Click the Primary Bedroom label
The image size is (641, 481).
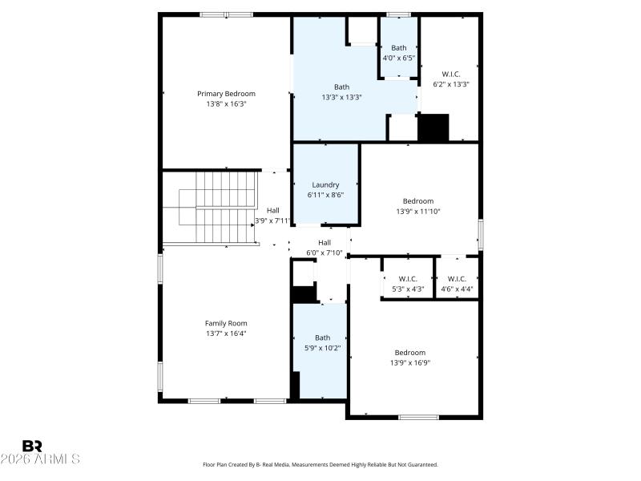227,94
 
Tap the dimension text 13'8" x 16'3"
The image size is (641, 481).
227,103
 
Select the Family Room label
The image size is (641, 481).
226,323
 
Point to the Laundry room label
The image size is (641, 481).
325,184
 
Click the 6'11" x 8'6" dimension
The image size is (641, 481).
325,194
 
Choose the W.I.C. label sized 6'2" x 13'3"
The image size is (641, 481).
451,74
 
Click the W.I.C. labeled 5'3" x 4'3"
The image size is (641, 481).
407,279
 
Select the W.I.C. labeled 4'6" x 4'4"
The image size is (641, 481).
457,279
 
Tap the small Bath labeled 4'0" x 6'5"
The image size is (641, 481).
398,48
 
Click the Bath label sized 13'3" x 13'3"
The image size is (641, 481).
341,87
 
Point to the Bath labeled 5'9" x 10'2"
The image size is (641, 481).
322,338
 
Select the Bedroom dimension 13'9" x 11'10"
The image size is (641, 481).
418,212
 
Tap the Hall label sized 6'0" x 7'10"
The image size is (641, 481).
325,243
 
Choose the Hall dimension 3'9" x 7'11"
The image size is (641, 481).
272,220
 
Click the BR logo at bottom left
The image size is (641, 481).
32,446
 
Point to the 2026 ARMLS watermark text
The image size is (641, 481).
40,459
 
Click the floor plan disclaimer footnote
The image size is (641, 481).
320,464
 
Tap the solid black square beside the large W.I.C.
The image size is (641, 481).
434,127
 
